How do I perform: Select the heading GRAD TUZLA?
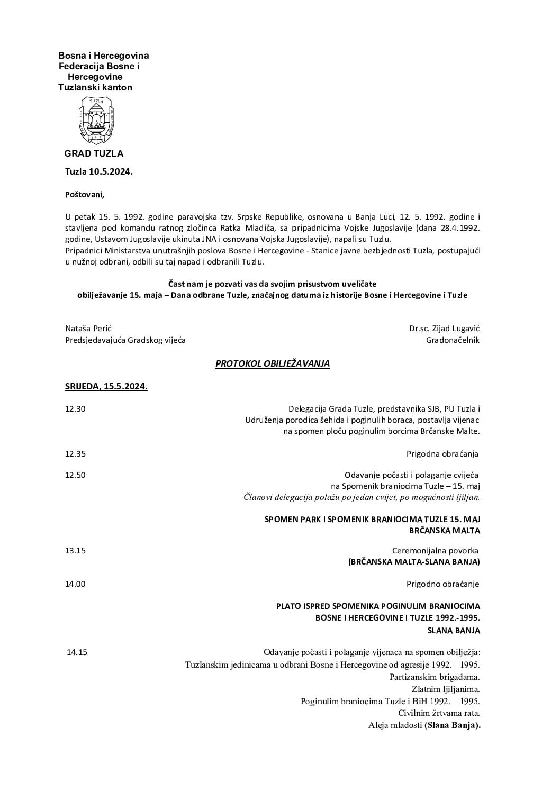(94, 153)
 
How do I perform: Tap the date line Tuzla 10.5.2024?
(99, 172)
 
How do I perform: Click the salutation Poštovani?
(85, 194)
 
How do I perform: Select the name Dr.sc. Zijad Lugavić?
(444, 329)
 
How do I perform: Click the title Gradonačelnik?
(453, 340)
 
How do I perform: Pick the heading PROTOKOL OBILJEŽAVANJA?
(273, 363)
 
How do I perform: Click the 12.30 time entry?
(75, 409)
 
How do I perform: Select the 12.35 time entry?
(75, 453)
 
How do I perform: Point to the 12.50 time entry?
(75, 475)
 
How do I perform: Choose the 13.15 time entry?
(75, 550)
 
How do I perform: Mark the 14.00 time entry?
(75, 584)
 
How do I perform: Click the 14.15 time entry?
(77, 652)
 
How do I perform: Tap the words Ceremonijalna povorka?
(435, 550)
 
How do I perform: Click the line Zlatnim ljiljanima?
(446, 689)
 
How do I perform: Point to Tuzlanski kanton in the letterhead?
(95, 87)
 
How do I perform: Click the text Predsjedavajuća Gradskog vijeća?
(125, 340)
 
